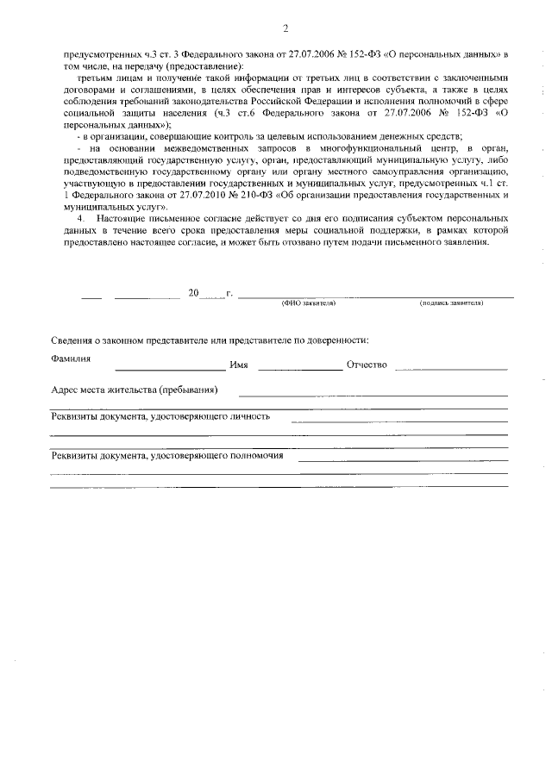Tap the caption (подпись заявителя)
[451, 304]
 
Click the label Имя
[239, 365]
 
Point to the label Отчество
[367, 365]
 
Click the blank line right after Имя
[299, 370]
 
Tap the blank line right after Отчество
[451, 370]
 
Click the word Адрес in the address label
[66, 390]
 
